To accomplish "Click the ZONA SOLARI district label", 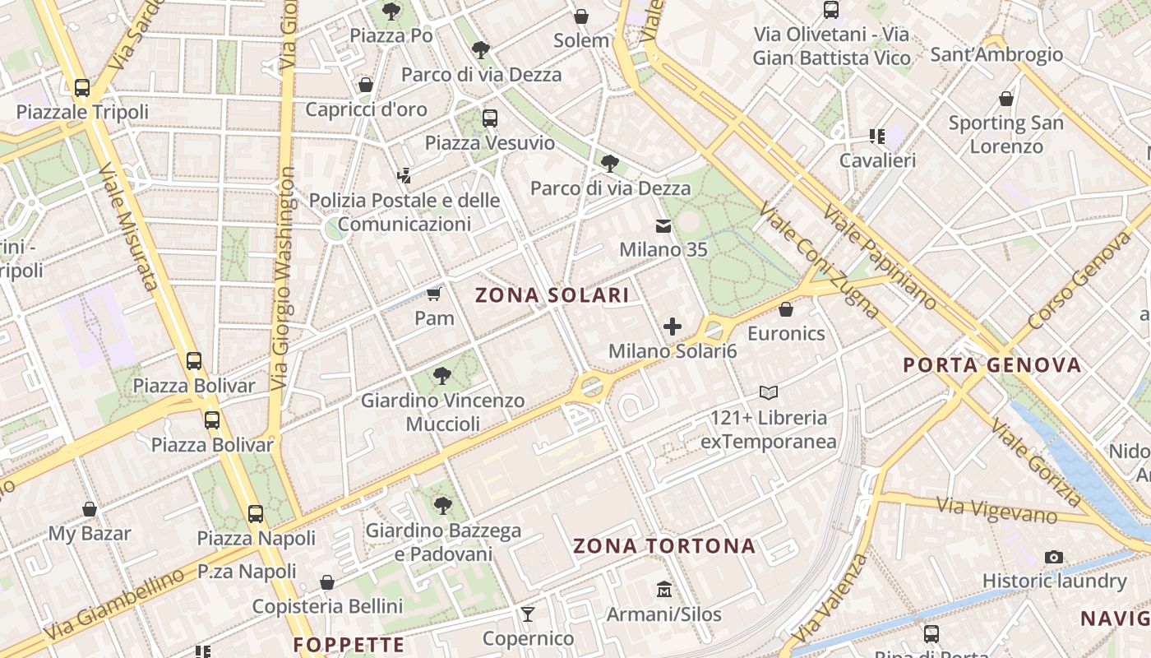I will pyautogui.click(x=552, y=295).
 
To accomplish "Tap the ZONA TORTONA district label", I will pyautogui.click(x=663, y=546).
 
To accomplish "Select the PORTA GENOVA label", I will pyautogui.click(x=992, y=365).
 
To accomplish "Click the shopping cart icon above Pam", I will pyautogui.click(x=434, y=294).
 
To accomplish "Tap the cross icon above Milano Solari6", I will pyautogui.click(x=673, y=327).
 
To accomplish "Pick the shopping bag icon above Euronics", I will pyautogui.click(x=786, y=309).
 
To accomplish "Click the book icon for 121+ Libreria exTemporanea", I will pyautogui.click(x=769, y=393).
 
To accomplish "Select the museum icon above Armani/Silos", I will pyautogui.click(x=664, y=590).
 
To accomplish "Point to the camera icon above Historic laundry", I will pyautogui.click(x=1054, y=557).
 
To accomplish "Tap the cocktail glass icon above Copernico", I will pyautogui.click(x=528, y=614).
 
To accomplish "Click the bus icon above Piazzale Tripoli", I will pyautogui.click(x=82, y=87).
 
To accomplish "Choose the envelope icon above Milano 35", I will pyautogui.click(x=663, y=225).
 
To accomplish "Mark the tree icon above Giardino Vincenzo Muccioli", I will pyautogui.click(x=442, y=376).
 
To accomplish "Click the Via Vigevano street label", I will pyautogui.click(x=996, y=509).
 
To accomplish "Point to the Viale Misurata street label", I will pyautogui.click(x=127, y=227).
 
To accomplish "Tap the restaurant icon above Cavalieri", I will pyautogui.click(x=876, y=136).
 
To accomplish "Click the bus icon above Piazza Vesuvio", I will pyautogui.click(x=490, y=118).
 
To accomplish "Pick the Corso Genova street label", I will pyautogui.click(x=1079, y=279).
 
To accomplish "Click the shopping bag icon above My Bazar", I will pyautogui.click(x=90, y=509).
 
